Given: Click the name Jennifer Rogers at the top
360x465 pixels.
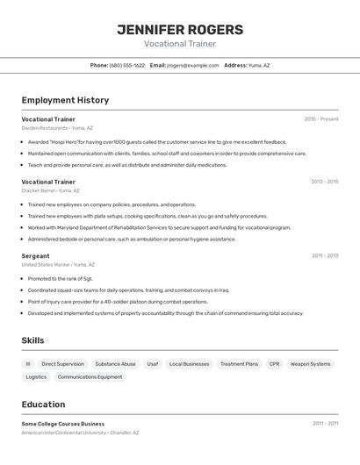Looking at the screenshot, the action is (180, 30).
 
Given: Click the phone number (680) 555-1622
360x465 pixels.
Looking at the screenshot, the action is (127, 65).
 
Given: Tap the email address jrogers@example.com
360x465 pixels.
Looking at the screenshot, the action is (193, 65).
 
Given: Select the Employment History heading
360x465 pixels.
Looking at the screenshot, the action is (65, 100).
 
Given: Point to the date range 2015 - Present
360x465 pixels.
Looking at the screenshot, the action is (321, 119).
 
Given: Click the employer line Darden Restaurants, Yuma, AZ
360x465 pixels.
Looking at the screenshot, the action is (57, 127).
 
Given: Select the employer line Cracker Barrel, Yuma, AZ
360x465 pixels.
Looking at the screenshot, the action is (51, 190).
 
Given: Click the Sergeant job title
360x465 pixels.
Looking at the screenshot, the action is (35, 256).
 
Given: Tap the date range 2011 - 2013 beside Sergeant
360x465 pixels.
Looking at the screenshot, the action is (325, 256).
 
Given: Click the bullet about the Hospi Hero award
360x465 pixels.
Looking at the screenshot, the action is (157, 141).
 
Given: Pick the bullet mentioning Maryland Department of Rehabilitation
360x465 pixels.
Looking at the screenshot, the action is (159, 227).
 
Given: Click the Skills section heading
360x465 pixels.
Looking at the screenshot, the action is (32, 340).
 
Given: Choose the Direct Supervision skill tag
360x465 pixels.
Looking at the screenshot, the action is (63, 363).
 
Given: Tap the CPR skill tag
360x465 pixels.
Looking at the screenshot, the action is (275, 363).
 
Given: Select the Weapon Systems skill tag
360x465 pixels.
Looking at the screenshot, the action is (311, 363).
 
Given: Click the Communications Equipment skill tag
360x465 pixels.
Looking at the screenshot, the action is (90, 376).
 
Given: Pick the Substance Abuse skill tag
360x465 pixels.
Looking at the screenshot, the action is (116, 363).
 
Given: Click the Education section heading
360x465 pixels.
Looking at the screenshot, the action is (43, 404).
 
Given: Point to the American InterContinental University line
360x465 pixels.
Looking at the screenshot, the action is (80, 433).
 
